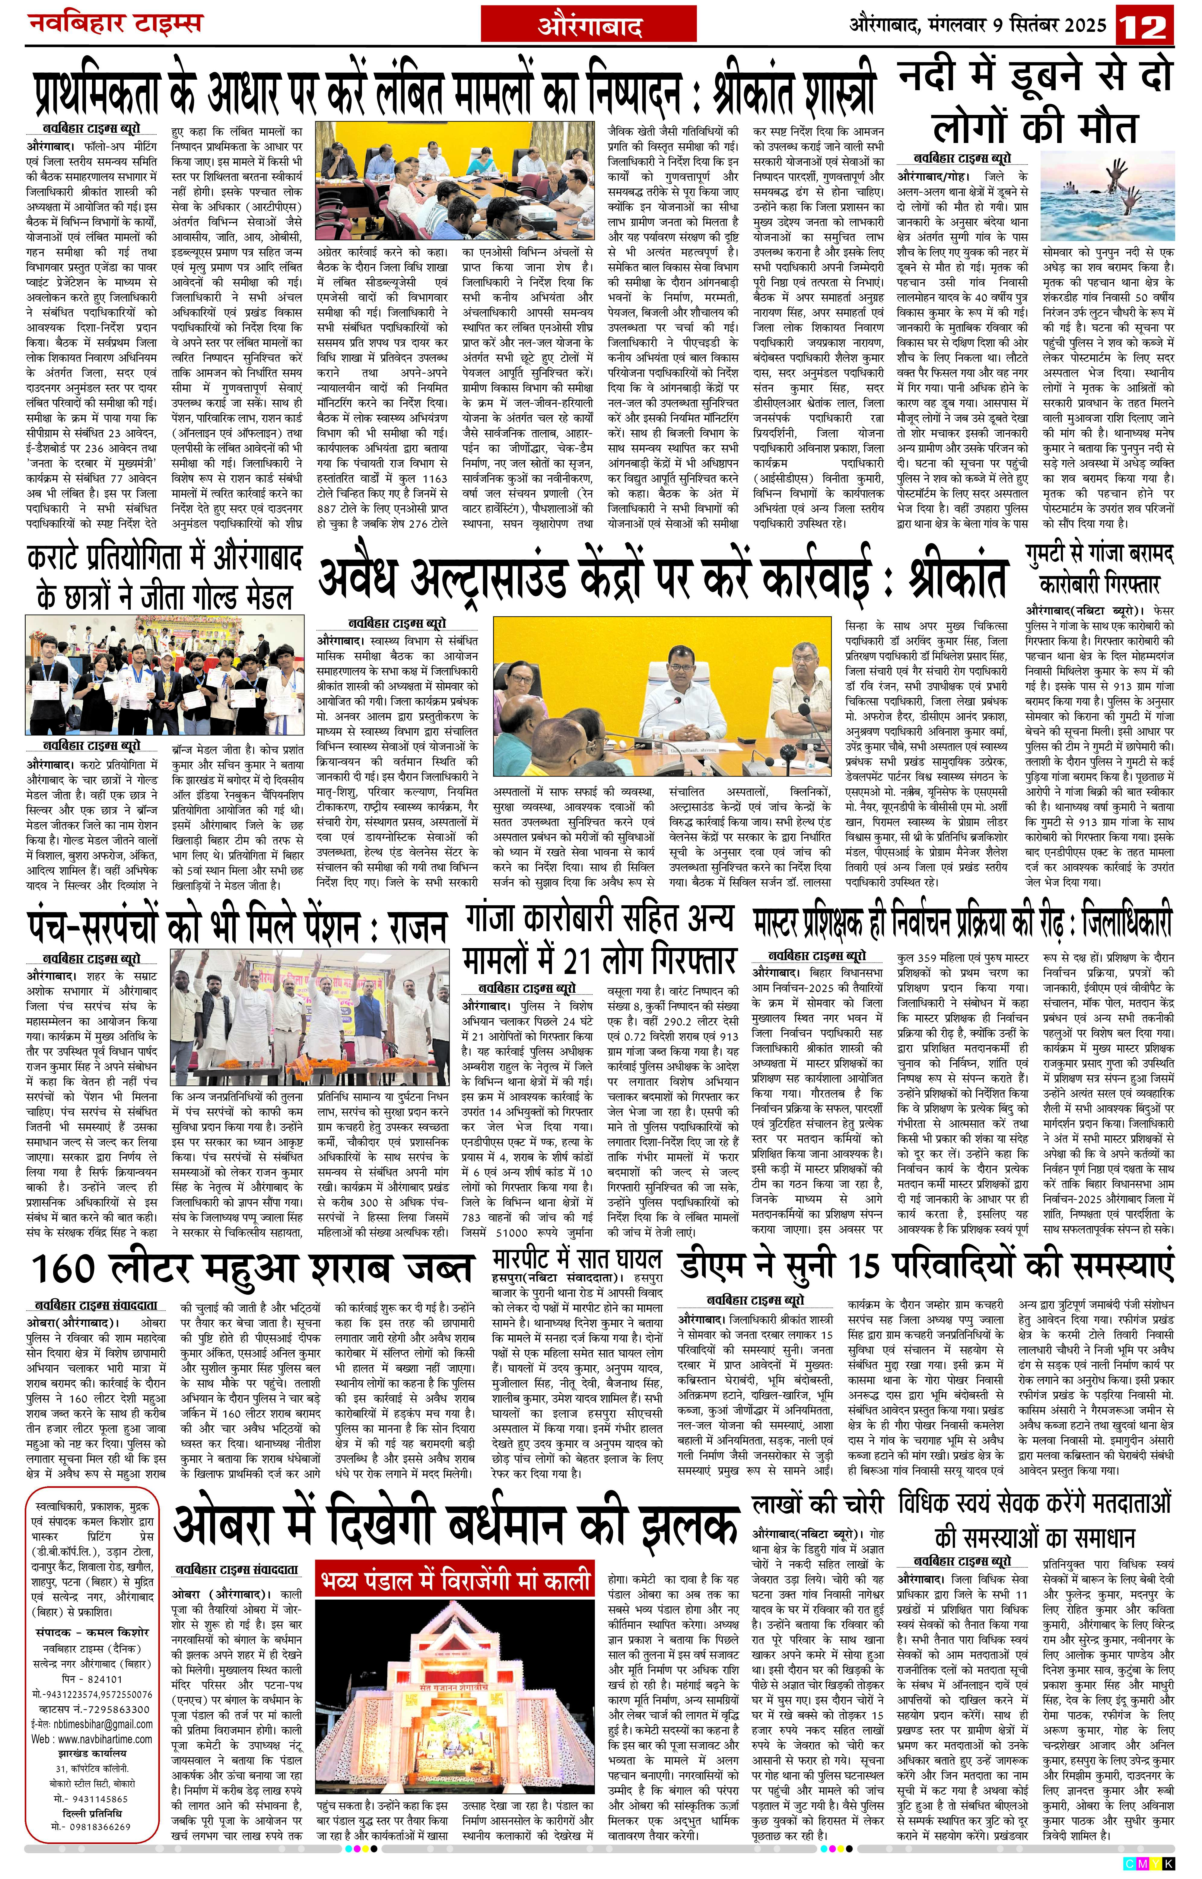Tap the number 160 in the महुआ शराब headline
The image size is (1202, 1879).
[x=74, y=1268]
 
